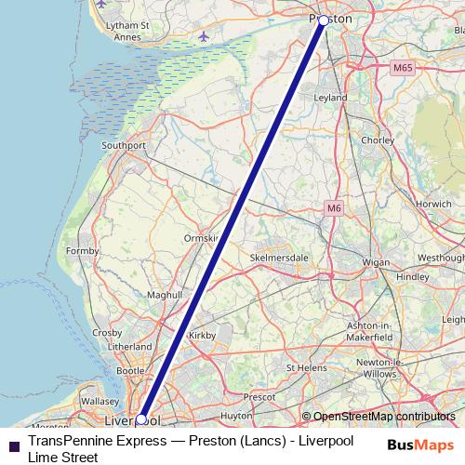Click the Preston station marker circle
point(324,20)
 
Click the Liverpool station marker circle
point(140,418)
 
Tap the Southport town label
point(124,145)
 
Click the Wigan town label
point(376,263)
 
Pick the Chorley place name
point(377,140)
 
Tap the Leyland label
point(331,97)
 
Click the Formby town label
point(83,251)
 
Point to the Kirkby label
point(202,334)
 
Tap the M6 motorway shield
point(335,209)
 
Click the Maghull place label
point(165,294)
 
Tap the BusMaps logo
point(421,445)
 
